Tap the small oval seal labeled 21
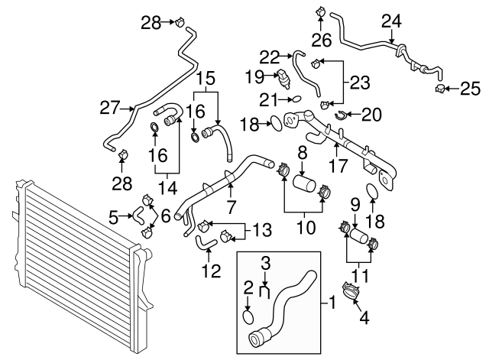click(x=295, y=99)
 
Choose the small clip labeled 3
click(x=265, y=290)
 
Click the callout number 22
click(x=270, y=57)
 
